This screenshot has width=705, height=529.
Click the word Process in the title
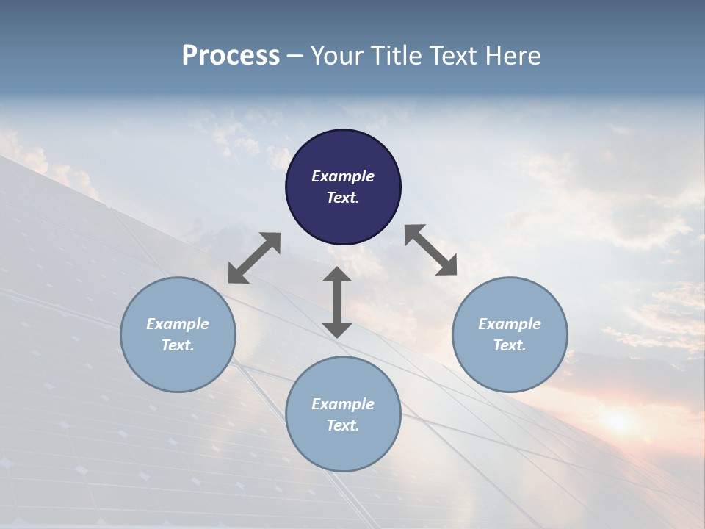pyautogui.click(x=231, y=56)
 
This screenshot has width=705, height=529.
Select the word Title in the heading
pyautogui.click(x=397, y=56)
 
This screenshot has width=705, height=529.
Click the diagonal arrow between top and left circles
pyautogui.click(x=254, y=258)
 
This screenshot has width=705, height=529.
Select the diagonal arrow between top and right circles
pyautogui.click(x=431, y=250)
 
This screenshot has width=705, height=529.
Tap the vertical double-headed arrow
pyautogui.click(x=337, y=302)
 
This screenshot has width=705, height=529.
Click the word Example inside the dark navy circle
pyautogui.click(x=343, y=176)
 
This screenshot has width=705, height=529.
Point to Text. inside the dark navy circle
pyautogui.click(x=343, y=198)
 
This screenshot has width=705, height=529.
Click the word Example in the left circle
pyautogui.click(x=178, y=324)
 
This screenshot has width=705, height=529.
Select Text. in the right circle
pyautogui.click(x=510, y=345)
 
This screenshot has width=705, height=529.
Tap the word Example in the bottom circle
pyautogui.click(x=343, y=404)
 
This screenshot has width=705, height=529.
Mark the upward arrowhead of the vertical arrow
pyautogui.click(x=337, y=276)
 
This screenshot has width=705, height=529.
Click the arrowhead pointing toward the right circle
pyautogui.click(x=446, y=265)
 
